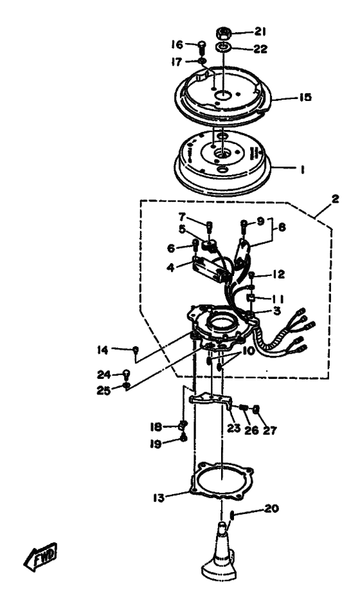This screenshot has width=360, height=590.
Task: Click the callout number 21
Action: point(260,32)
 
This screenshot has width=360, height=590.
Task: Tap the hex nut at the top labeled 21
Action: point(223,33)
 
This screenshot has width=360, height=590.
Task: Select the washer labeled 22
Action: point(223,48)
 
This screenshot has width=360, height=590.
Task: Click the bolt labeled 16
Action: point(201,47)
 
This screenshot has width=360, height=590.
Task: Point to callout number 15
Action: point(305,97)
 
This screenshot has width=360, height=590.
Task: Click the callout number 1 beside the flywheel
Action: point(301,170)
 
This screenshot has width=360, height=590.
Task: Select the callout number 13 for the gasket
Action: point(159,497)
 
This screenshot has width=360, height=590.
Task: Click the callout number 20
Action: point(271,508)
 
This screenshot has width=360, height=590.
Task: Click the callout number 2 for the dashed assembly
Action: point(335,199)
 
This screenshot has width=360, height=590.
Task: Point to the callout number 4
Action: point(170,268)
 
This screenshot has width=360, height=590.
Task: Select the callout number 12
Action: point(279,274)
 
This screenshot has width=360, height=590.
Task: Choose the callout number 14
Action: point(103,350)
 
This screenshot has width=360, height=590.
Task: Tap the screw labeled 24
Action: point(127,374)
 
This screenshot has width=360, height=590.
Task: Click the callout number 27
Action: point(269,430)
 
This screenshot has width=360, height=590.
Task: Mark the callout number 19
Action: point(156,444)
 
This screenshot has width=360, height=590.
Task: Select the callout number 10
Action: point(249,351)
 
